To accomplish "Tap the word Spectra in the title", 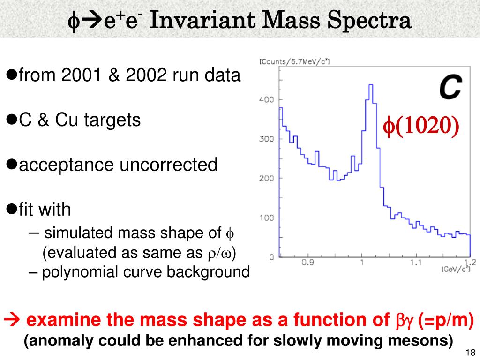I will (x=373, y=21).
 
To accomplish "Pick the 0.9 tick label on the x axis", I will (x=307, y=263).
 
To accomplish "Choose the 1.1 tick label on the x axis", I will (x=415, y=263).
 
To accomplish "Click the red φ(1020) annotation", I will (x=421, y=126).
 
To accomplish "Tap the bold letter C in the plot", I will (x=450, y=88).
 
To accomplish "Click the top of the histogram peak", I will (x=370, y=85).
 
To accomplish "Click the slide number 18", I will (x=471, y=352).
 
